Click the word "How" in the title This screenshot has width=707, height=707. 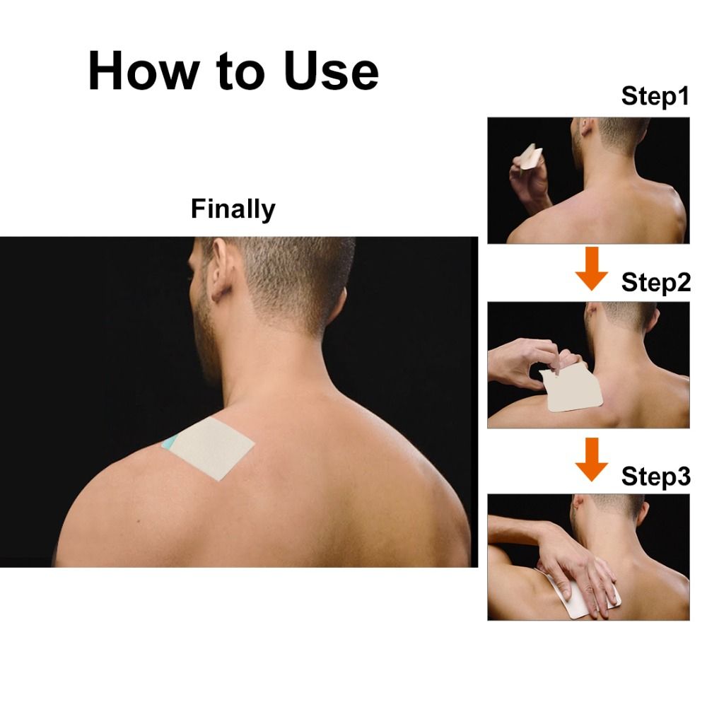pos(144,70)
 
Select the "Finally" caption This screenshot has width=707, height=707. pos(233,209)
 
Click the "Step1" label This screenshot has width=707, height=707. pos(655,96)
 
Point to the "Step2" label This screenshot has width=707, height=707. pos(655,283)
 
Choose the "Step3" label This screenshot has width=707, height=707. pos(655,476)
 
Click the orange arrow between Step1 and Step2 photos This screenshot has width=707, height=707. pos(592,268)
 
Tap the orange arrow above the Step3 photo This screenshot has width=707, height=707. pos(592,459)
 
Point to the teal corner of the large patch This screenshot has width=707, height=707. pos(170,443)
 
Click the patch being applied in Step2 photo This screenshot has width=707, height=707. pos(573,387)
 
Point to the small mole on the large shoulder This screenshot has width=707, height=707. pos(138,522)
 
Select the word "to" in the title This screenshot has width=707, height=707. pos(241,71)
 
